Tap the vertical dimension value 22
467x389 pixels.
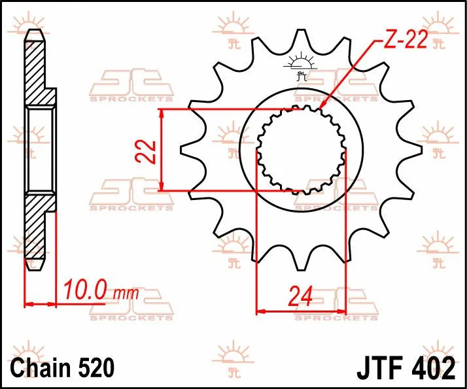tap(150, 151)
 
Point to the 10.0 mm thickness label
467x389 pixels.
tap(101, 290)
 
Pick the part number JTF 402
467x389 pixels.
tap(406, 368)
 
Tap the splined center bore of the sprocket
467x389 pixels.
tap(300, 150)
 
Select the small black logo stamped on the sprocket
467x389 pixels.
tap(301, 66)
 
